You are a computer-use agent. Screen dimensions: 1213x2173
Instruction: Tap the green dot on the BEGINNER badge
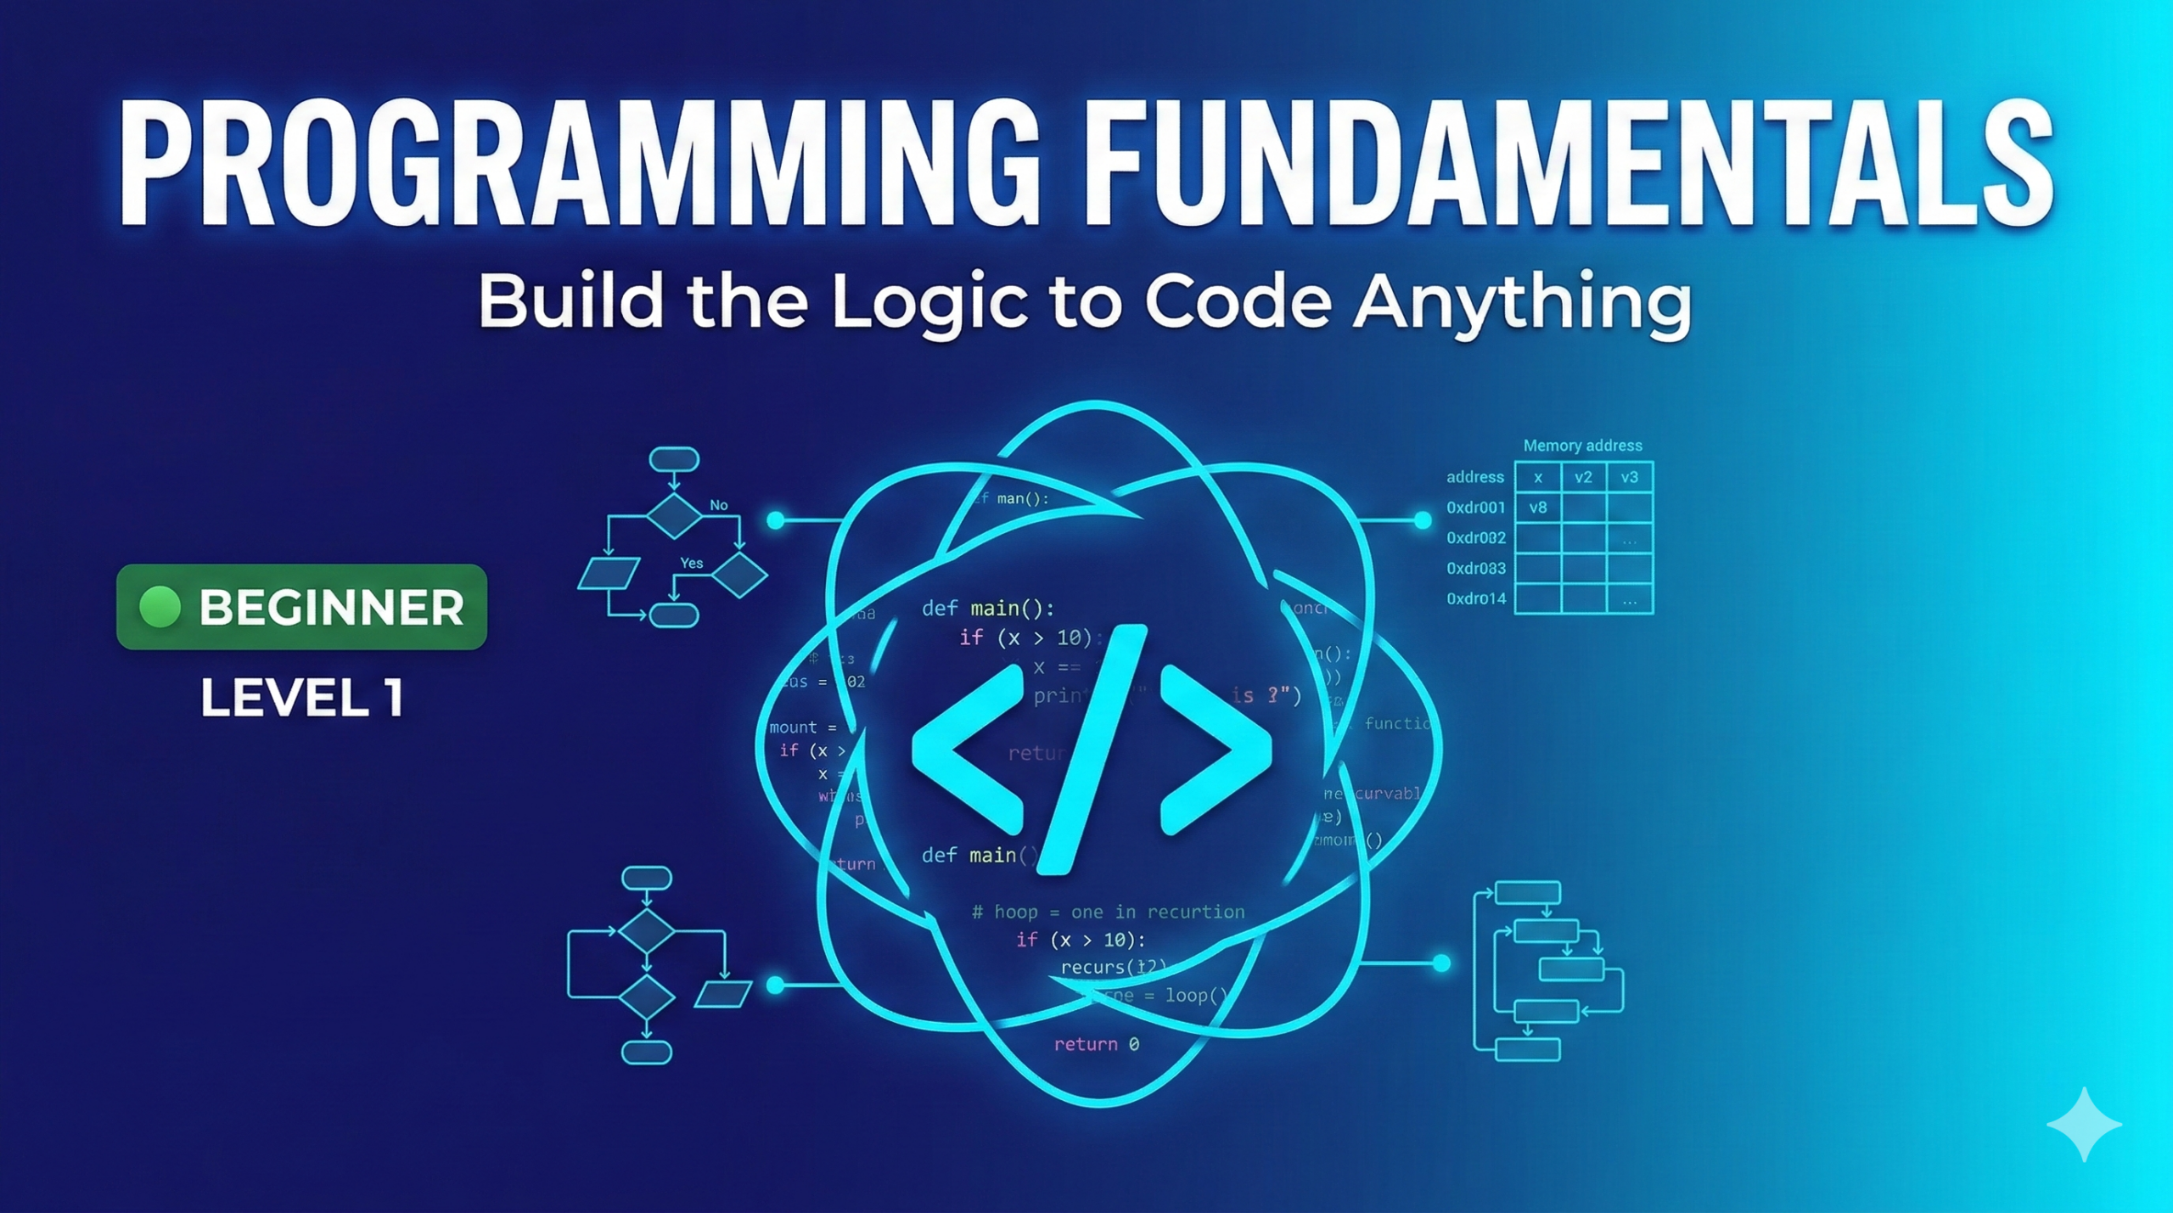click(x=160, y=607)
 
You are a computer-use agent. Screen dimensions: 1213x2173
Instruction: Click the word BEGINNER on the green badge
click(x=331, y=608)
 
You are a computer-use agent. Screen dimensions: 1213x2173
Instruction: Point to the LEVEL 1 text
click(x=301, y=698)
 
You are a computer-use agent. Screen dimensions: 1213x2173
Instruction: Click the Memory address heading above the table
click(x=1582, y=446)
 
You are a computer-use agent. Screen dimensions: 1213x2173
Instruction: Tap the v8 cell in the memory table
click(x=1537, y=508)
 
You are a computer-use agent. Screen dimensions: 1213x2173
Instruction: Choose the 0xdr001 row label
click(x=1475, y=508)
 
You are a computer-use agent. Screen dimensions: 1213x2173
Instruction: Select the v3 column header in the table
click(x=1629, y=477)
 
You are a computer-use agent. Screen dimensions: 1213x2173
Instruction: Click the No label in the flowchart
click(x=718, y=505)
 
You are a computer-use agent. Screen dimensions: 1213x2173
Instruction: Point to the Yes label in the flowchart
click(x=691, y=563)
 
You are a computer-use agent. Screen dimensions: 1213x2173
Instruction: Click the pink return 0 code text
click(x=1096, y=1044)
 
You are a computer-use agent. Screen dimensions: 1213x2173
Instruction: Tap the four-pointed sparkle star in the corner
click(x=2084, y=1124)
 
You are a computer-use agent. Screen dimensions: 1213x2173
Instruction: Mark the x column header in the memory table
click(x=1537, y=477)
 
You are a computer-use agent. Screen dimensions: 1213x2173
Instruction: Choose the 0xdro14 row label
click(x=1475, y=598)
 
